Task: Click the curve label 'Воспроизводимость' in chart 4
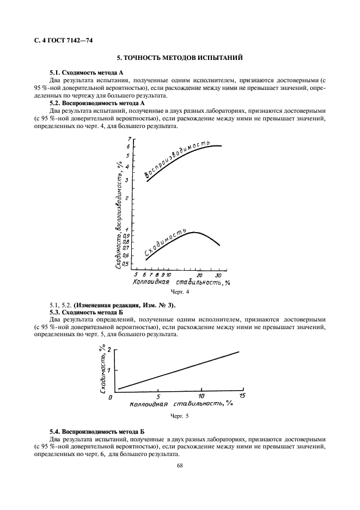point(178,159)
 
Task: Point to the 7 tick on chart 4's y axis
point(129,139)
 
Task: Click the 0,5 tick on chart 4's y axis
point(126,264)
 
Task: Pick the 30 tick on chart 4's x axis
point(219,276)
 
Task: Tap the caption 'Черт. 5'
point(179,416)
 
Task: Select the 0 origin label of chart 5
point(110,398)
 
